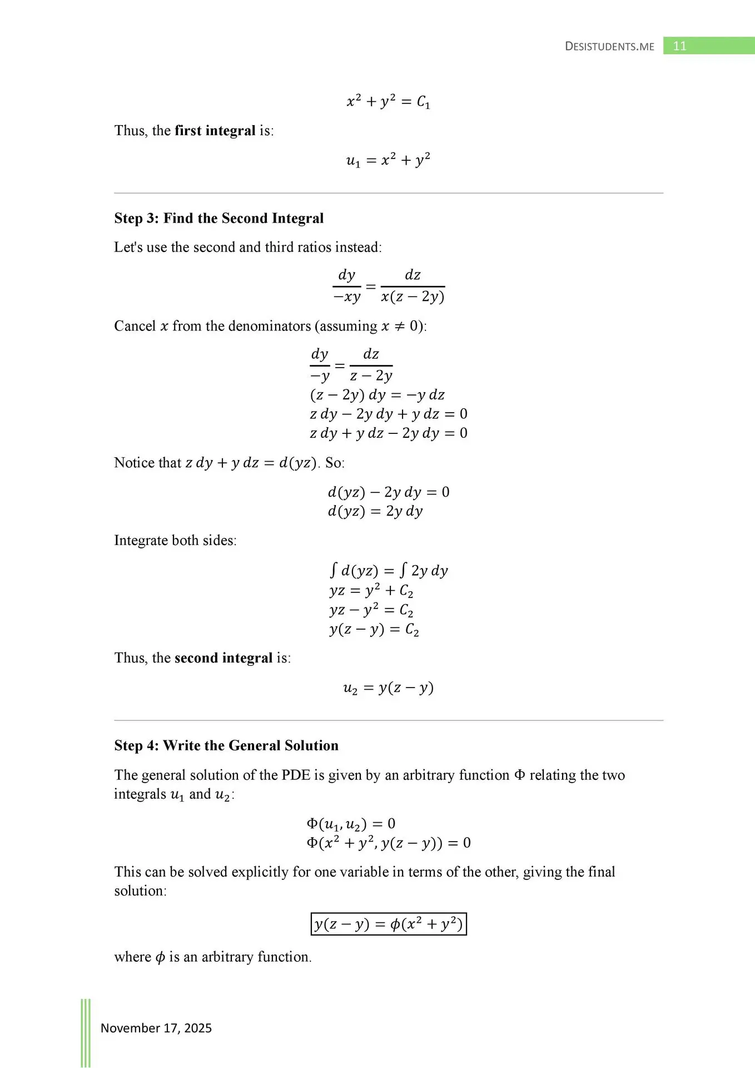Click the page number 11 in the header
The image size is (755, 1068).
click(x=679, y=46)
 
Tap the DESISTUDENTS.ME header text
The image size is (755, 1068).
click(x=609, y=47)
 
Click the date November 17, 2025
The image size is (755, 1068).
click(x=156, y=1028)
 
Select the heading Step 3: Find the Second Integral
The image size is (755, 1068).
click(x=218, y=218)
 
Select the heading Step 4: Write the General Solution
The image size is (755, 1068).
click(x=226, y=745)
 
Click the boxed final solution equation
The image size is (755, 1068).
click(x=388, y=924)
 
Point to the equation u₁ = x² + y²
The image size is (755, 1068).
click(x=388, y=160)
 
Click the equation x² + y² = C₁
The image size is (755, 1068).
click(x=388, y=102)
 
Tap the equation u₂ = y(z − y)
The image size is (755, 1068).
click(x=388, y=688)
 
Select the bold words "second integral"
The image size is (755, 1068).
click(x=223, y=658)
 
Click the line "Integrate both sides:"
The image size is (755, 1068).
click(x=175, y=541)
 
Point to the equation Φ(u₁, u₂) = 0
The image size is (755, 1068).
click(x=351, y=824)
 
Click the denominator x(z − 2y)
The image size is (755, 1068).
click(x=413, y=297)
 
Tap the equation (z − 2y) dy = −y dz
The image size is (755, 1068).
click(x=377, y=395)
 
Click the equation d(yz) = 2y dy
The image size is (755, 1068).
click(x=375, y=511)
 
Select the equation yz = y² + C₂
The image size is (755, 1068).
click(x=371, y=591)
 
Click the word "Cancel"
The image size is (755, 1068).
click(x=135, y=326)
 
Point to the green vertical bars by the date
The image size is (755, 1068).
click(x=86, y=1032)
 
